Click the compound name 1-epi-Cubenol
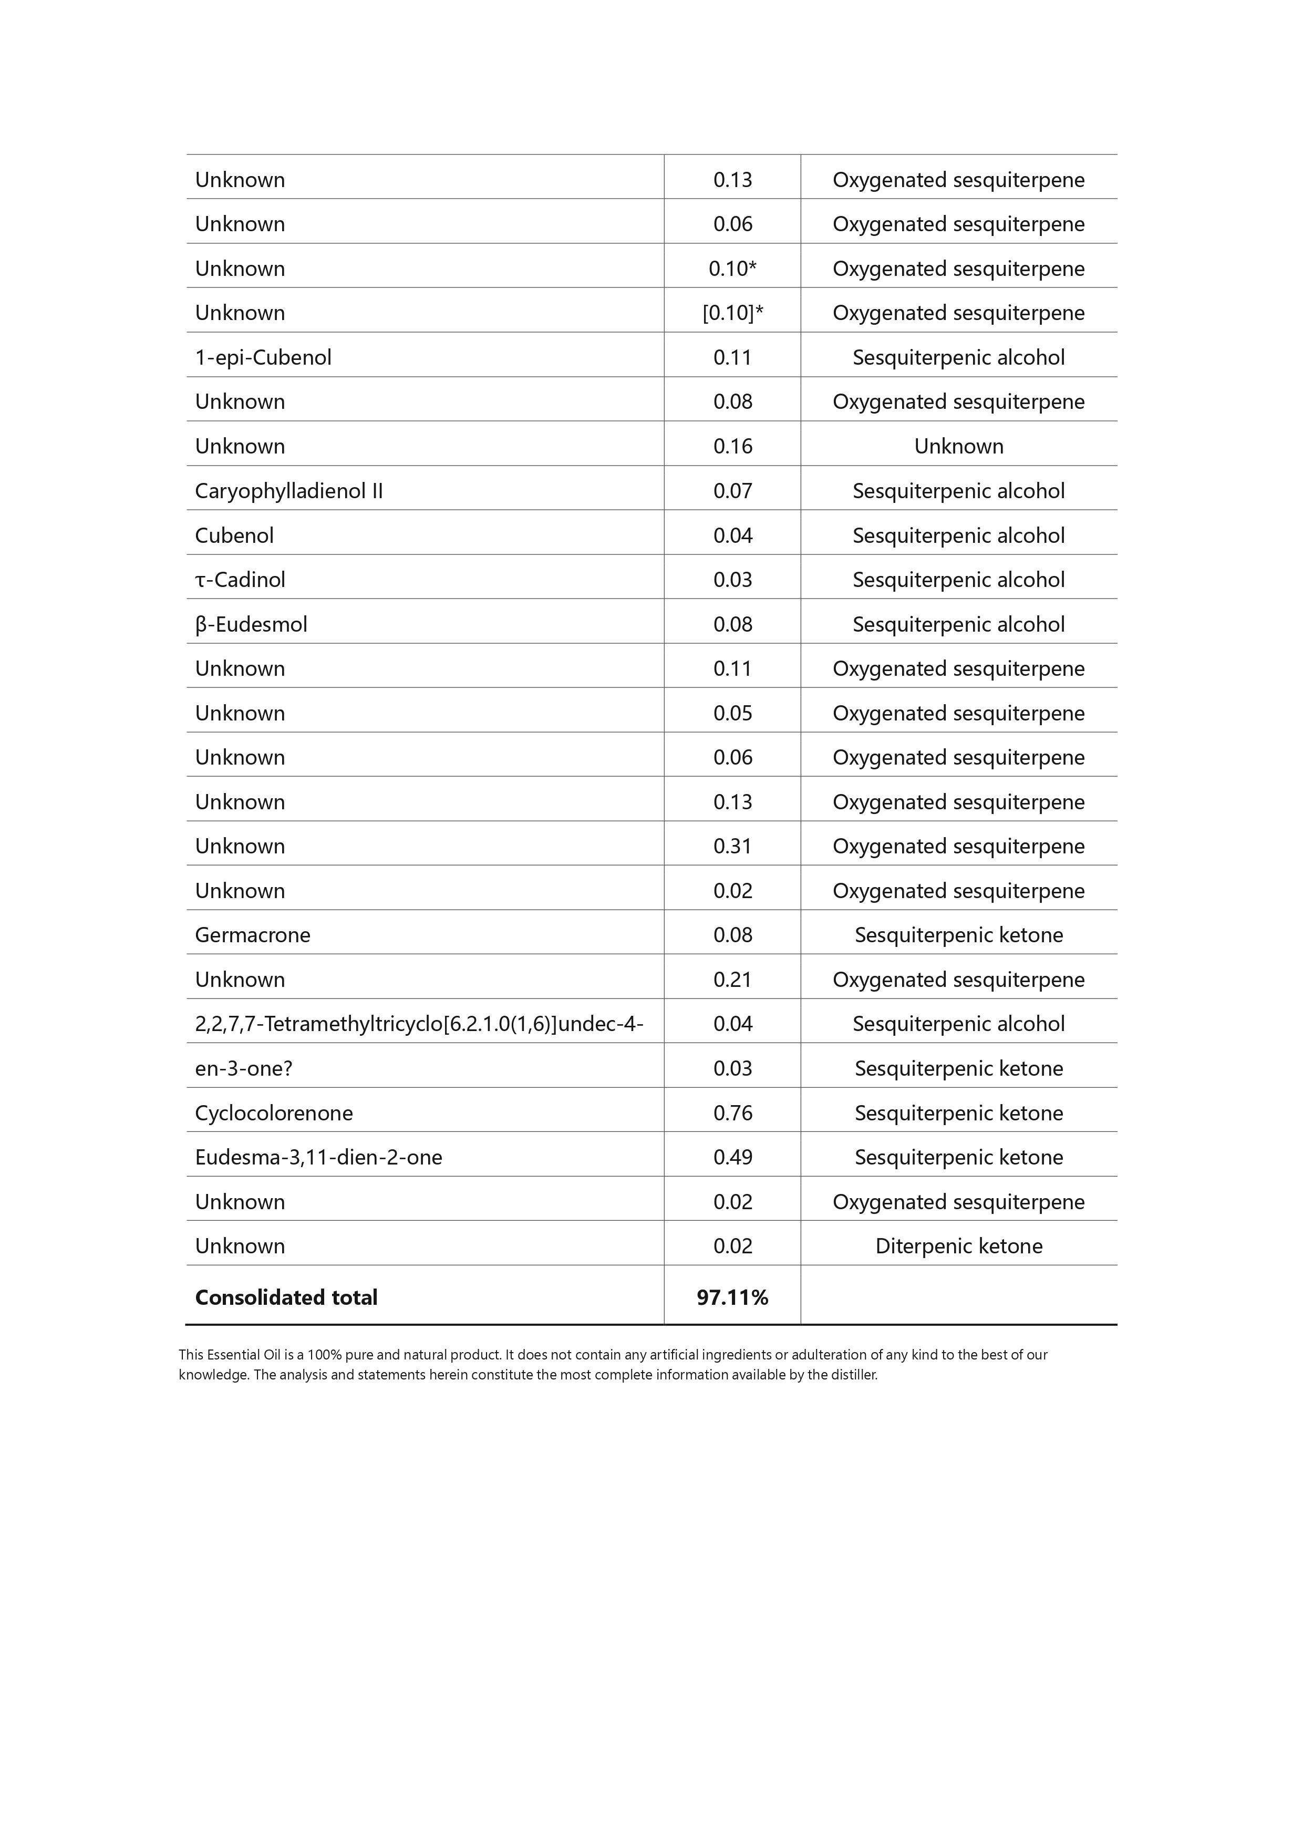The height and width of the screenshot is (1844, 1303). (263, 357)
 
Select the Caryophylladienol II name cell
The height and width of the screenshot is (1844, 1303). (288, 491)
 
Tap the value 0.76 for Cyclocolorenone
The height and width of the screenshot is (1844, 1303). (732, 1113)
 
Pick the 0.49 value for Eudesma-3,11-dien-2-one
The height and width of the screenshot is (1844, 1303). (732, 1157)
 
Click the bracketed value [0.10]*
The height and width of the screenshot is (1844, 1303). (732, 313)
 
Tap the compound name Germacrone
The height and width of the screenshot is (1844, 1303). (252, 935)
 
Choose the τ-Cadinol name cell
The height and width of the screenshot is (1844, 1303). (240, 580)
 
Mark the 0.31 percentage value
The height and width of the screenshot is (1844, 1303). (732, 847)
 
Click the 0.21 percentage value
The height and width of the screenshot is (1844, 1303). (732, 980)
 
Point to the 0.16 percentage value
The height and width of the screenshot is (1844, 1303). (732, 447)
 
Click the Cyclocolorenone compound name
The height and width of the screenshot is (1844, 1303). (274, 1113)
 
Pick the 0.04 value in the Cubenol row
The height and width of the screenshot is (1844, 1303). (732, 535)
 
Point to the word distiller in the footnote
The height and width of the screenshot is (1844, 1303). (854, 1375)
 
